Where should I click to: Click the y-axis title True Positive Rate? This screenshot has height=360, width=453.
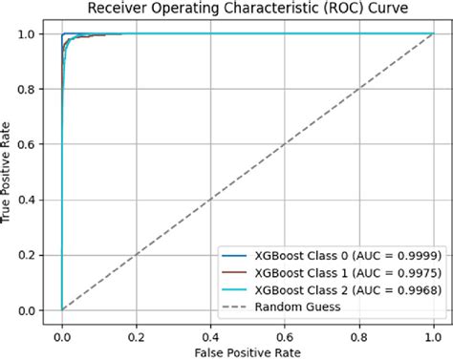11,172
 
